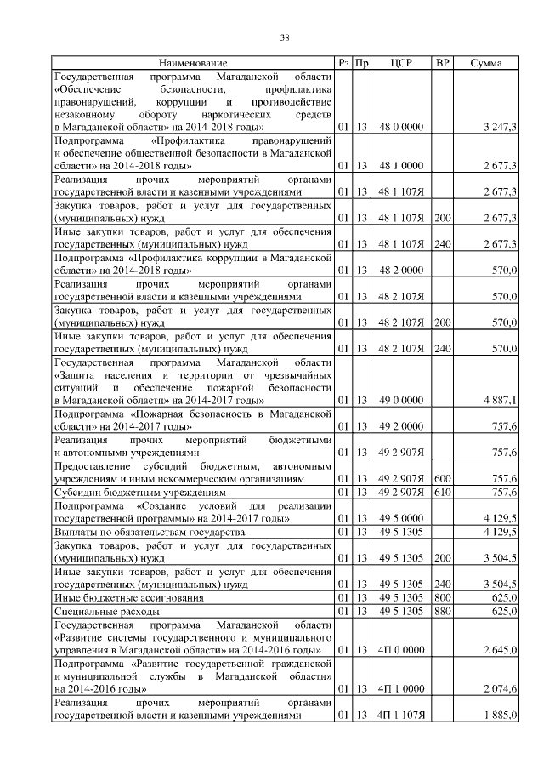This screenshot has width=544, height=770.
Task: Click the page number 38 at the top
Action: click(x=286, y=37)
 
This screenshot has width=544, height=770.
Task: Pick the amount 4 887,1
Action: click(x=500, y=400)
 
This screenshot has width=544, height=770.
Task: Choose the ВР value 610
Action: click(x=442, y=492)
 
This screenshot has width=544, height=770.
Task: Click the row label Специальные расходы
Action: click(x=105, y=611)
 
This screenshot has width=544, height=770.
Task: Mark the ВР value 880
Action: click(x=442, y=611)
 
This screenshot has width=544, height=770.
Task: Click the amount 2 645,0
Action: click(x=500, y=651)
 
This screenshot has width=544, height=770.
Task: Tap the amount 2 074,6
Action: click(x=500, y=689)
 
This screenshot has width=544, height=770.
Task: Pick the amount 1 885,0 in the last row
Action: click(x=500, y=716)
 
